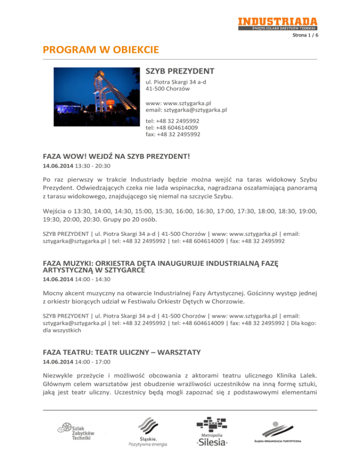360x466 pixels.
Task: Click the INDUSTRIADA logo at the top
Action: (x=277, y=23)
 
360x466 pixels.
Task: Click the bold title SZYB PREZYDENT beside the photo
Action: (x=180, y=71)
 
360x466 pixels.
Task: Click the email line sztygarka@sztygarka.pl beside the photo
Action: (x=187, y=110)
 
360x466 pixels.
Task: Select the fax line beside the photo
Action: (x=173, y=134)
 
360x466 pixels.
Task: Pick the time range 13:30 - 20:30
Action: (x=92, y=166)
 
